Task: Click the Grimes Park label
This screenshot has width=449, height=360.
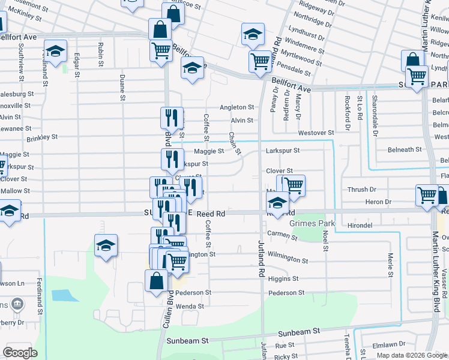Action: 312,224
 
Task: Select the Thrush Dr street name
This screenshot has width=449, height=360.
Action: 361,190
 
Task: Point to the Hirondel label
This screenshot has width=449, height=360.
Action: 367,224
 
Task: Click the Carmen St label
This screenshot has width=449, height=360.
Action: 282,235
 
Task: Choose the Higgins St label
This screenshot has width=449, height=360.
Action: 283,279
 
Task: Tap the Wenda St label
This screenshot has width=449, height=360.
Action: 190,306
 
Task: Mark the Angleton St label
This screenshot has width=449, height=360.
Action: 237,107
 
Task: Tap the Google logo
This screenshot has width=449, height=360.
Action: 20,352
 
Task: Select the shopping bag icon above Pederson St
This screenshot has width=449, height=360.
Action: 156,280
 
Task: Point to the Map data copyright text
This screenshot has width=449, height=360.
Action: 412,355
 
